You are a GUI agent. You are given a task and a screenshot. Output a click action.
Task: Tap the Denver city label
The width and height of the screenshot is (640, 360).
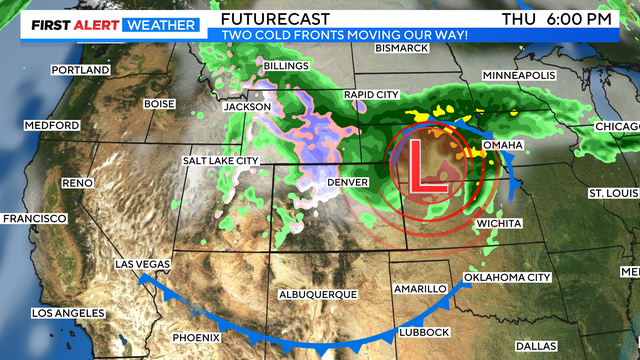click(349, 182)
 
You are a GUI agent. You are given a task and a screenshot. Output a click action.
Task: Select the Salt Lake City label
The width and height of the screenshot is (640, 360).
click(221, 160)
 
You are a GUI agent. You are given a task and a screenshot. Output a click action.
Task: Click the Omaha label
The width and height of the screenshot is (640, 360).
click(503, 145)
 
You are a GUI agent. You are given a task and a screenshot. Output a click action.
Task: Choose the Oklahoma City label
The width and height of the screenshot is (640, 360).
click(509, 277)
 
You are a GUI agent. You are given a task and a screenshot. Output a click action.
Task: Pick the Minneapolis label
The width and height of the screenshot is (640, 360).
click(519, 76)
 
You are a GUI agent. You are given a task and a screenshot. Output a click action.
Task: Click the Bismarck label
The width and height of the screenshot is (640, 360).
click(401, 48)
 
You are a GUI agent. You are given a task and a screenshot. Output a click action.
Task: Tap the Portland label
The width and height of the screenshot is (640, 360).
click(83, 71)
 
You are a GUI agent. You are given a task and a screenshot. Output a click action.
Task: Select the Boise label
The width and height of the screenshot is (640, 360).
click(159, 103)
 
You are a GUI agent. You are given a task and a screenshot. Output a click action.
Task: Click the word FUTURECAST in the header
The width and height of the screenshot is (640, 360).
click(268, 19)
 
